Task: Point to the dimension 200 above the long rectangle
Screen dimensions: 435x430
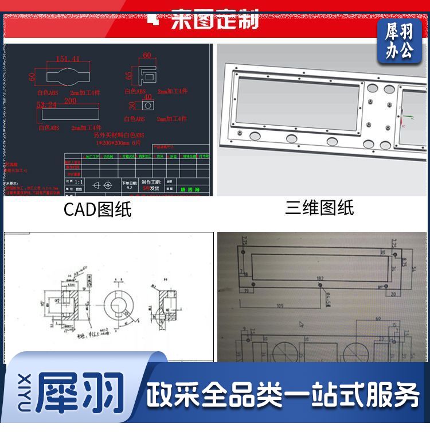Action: (x=70, y=101)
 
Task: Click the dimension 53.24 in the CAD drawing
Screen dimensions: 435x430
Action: (x=46, y=106)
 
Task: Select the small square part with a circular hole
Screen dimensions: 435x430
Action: (x=148, y=106)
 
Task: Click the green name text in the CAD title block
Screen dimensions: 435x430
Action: (x=187, y=189)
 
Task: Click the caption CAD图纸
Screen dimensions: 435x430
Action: (x=97, y=209)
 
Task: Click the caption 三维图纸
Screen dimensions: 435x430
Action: (x=319, y=208)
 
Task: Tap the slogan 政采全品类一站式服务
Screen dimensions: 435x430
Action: (x=283, y=395)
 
